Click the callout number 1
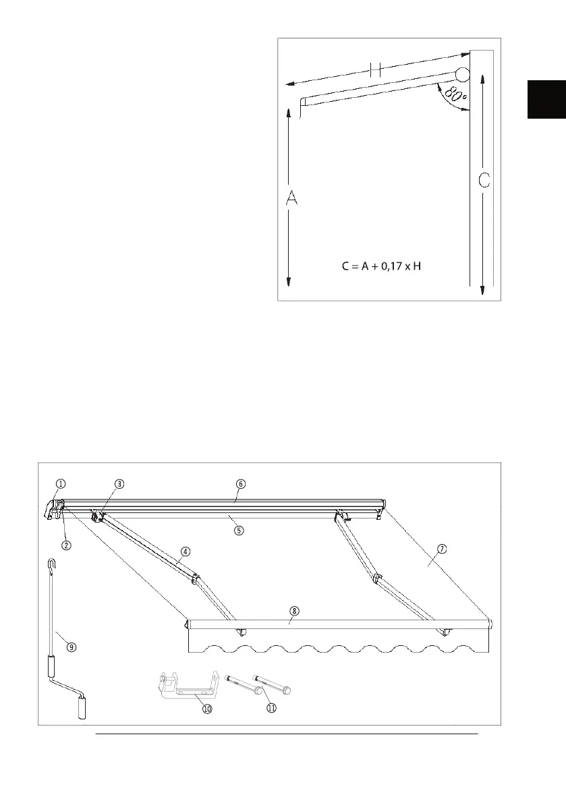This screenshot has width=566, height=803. point(61,483)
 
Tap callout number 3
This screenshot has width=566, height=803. point(118,483)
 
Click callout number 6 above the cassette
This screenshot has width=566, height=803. point(241,483)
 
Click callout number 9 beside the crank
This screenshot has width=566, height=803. point(72,646)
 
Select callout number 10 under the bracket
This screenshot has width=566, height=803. point(207,709)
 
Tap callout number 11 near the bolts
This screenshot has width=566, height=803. point(272,708)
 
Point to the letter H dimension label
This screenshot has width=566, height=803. point(376,69)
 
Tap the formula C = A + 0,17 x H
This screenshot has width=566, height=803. point(382,266)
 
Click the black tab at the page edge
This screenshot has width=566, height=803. point(546,99)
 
